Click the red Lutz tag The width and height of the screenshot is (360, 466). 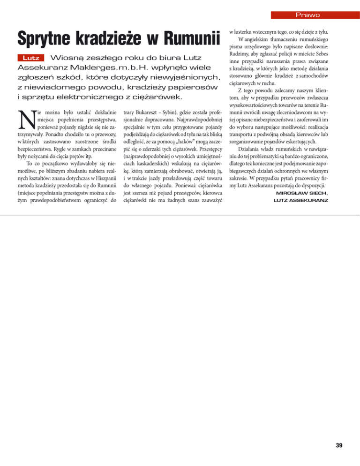[x=31, y=59]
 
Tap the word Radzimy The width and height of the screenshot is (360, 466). [x=240, y=54]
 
